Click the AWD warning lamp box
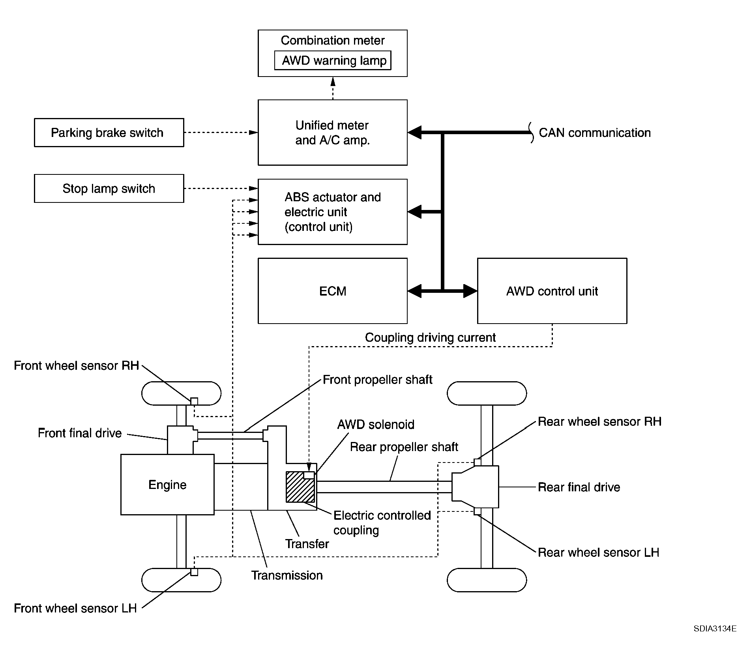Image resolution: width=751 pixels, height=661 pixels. click(333, 60)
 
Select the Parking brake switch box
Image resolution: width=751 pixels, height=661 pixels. click(109, 133)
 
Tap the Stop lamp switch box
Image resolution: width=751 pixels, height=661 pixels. click(109, 189)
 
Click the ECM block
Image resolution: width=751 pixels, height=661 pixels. click(333, 291)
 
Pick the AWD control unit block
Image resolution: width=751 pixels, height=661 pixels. click(552, 291)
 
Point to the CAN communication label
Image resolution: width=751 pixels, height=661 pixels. click(595, 133)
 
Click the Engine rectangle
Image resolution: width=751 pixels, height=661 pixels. click(167, 485)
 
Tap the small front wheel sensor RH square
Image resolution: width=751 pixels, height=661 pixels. click(194, 401)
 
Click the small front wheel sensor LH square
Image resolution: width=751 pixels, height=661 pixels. click(194, 572)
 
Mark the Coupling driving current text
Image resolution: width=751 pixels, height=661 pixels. click(430, 337)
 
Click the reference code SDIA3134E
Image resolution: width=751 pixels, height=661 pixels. click(715, 640)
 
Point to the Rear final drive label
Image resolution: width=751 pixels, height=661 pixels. click(579, 487)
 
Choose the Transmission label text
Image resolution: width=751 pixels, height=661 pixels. click(287, 575)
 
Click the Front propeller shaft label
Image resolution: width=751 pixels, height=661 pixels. click(377, 380)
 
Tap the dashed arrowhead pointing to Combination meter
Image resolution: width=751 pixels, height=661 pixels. click(333, 82)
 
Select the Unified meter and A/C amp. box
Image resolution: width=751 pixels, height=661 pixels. click(333, 133)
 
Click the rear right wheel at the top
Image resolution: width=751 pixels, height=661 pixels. click(487, 393)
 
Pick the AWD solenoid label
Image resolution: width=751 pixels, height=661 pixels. click(376, 425)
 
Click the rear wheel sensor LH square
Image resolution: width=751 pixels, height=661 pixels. click(478, 511)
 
